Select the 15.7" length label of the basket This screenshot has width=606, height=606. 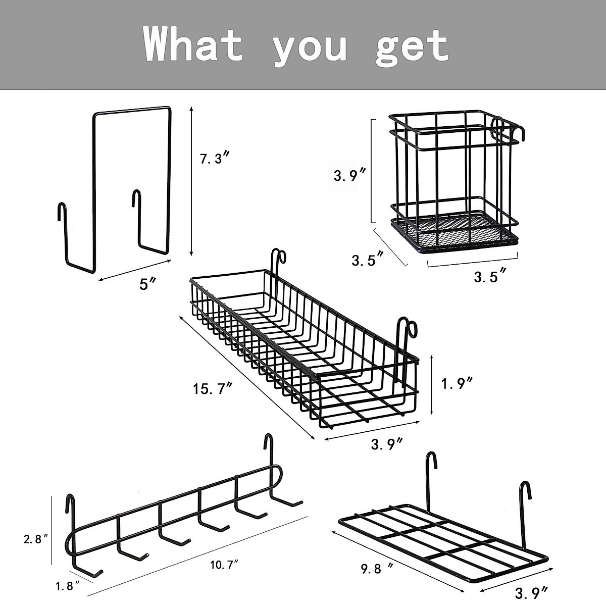pos(212,389)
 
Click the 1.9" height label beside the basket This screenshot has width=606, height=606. pos(457,384)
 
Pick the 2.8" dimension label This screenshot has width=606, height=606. pos(36,539)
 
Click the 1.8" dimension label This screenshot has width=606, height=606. pos(67,586)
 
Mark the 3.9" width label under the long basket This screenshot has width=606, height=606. pos(387,444)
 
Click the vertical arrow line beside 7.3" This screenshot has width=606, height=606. pos(191,182)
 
